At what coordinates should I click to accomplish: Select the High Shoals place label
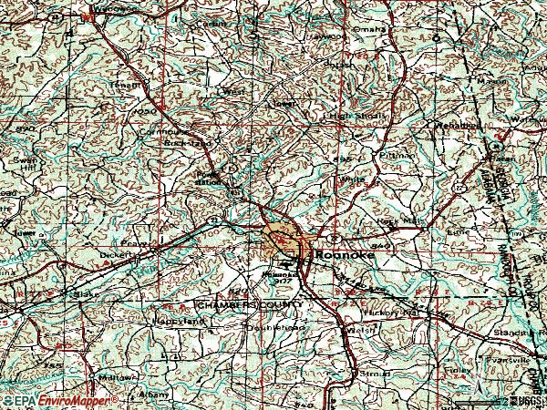click(x=357, y=116)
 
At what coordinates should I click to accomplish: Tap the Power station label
click(x=210, y=177)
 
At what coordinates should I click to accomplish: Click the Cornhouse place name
click(x=181, y=129)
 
